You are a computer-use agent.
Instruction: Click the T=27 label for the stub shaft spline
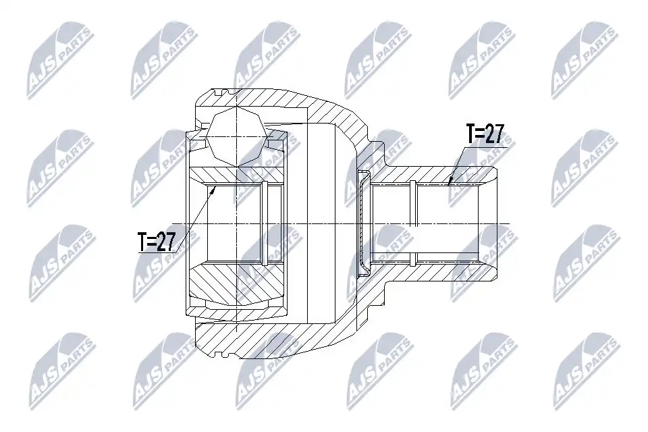[x=485, y=134]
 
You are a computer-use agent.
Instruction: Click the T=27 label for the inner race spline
[x=157, y=242]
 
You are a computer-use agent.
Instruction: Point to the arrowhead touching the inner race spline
[x=214, y=190]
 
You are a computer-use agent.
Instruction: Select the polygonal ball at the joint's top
[x=236, y=136]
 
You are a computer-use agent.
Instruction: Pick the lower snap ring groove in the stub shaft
[x=414, y=260]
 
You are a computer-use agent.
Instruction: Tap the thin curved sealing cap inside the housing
[x=363, y=223]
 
